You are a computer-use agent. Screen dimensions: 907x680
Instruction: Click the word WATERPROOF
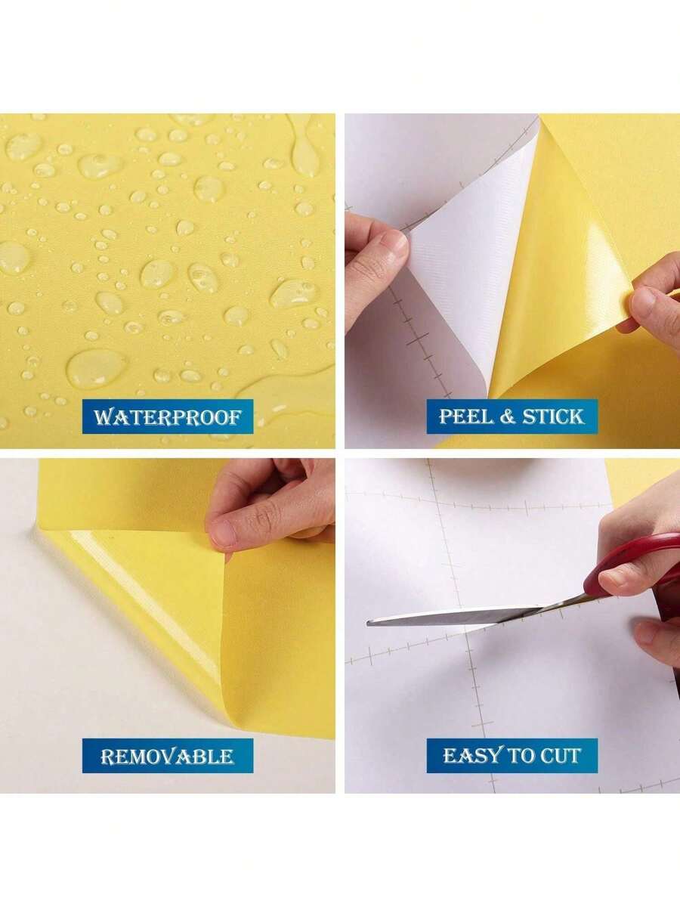tap(167, 416)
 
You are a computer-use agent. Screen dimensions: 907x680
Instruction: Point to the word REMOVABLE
tap(167, 756)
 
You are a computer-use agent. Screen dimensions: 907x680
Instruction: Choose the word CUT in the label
tap(560, 755)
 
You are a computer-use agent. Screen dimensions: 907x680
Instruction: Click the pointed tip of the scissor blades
tap(369, 622)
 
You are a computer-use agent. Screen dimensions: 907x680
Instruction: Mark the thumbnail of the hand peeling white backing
tap(394, 244)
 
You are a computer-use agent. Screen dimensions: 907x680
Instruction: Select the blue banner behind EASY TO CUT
tap(512, 755)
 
